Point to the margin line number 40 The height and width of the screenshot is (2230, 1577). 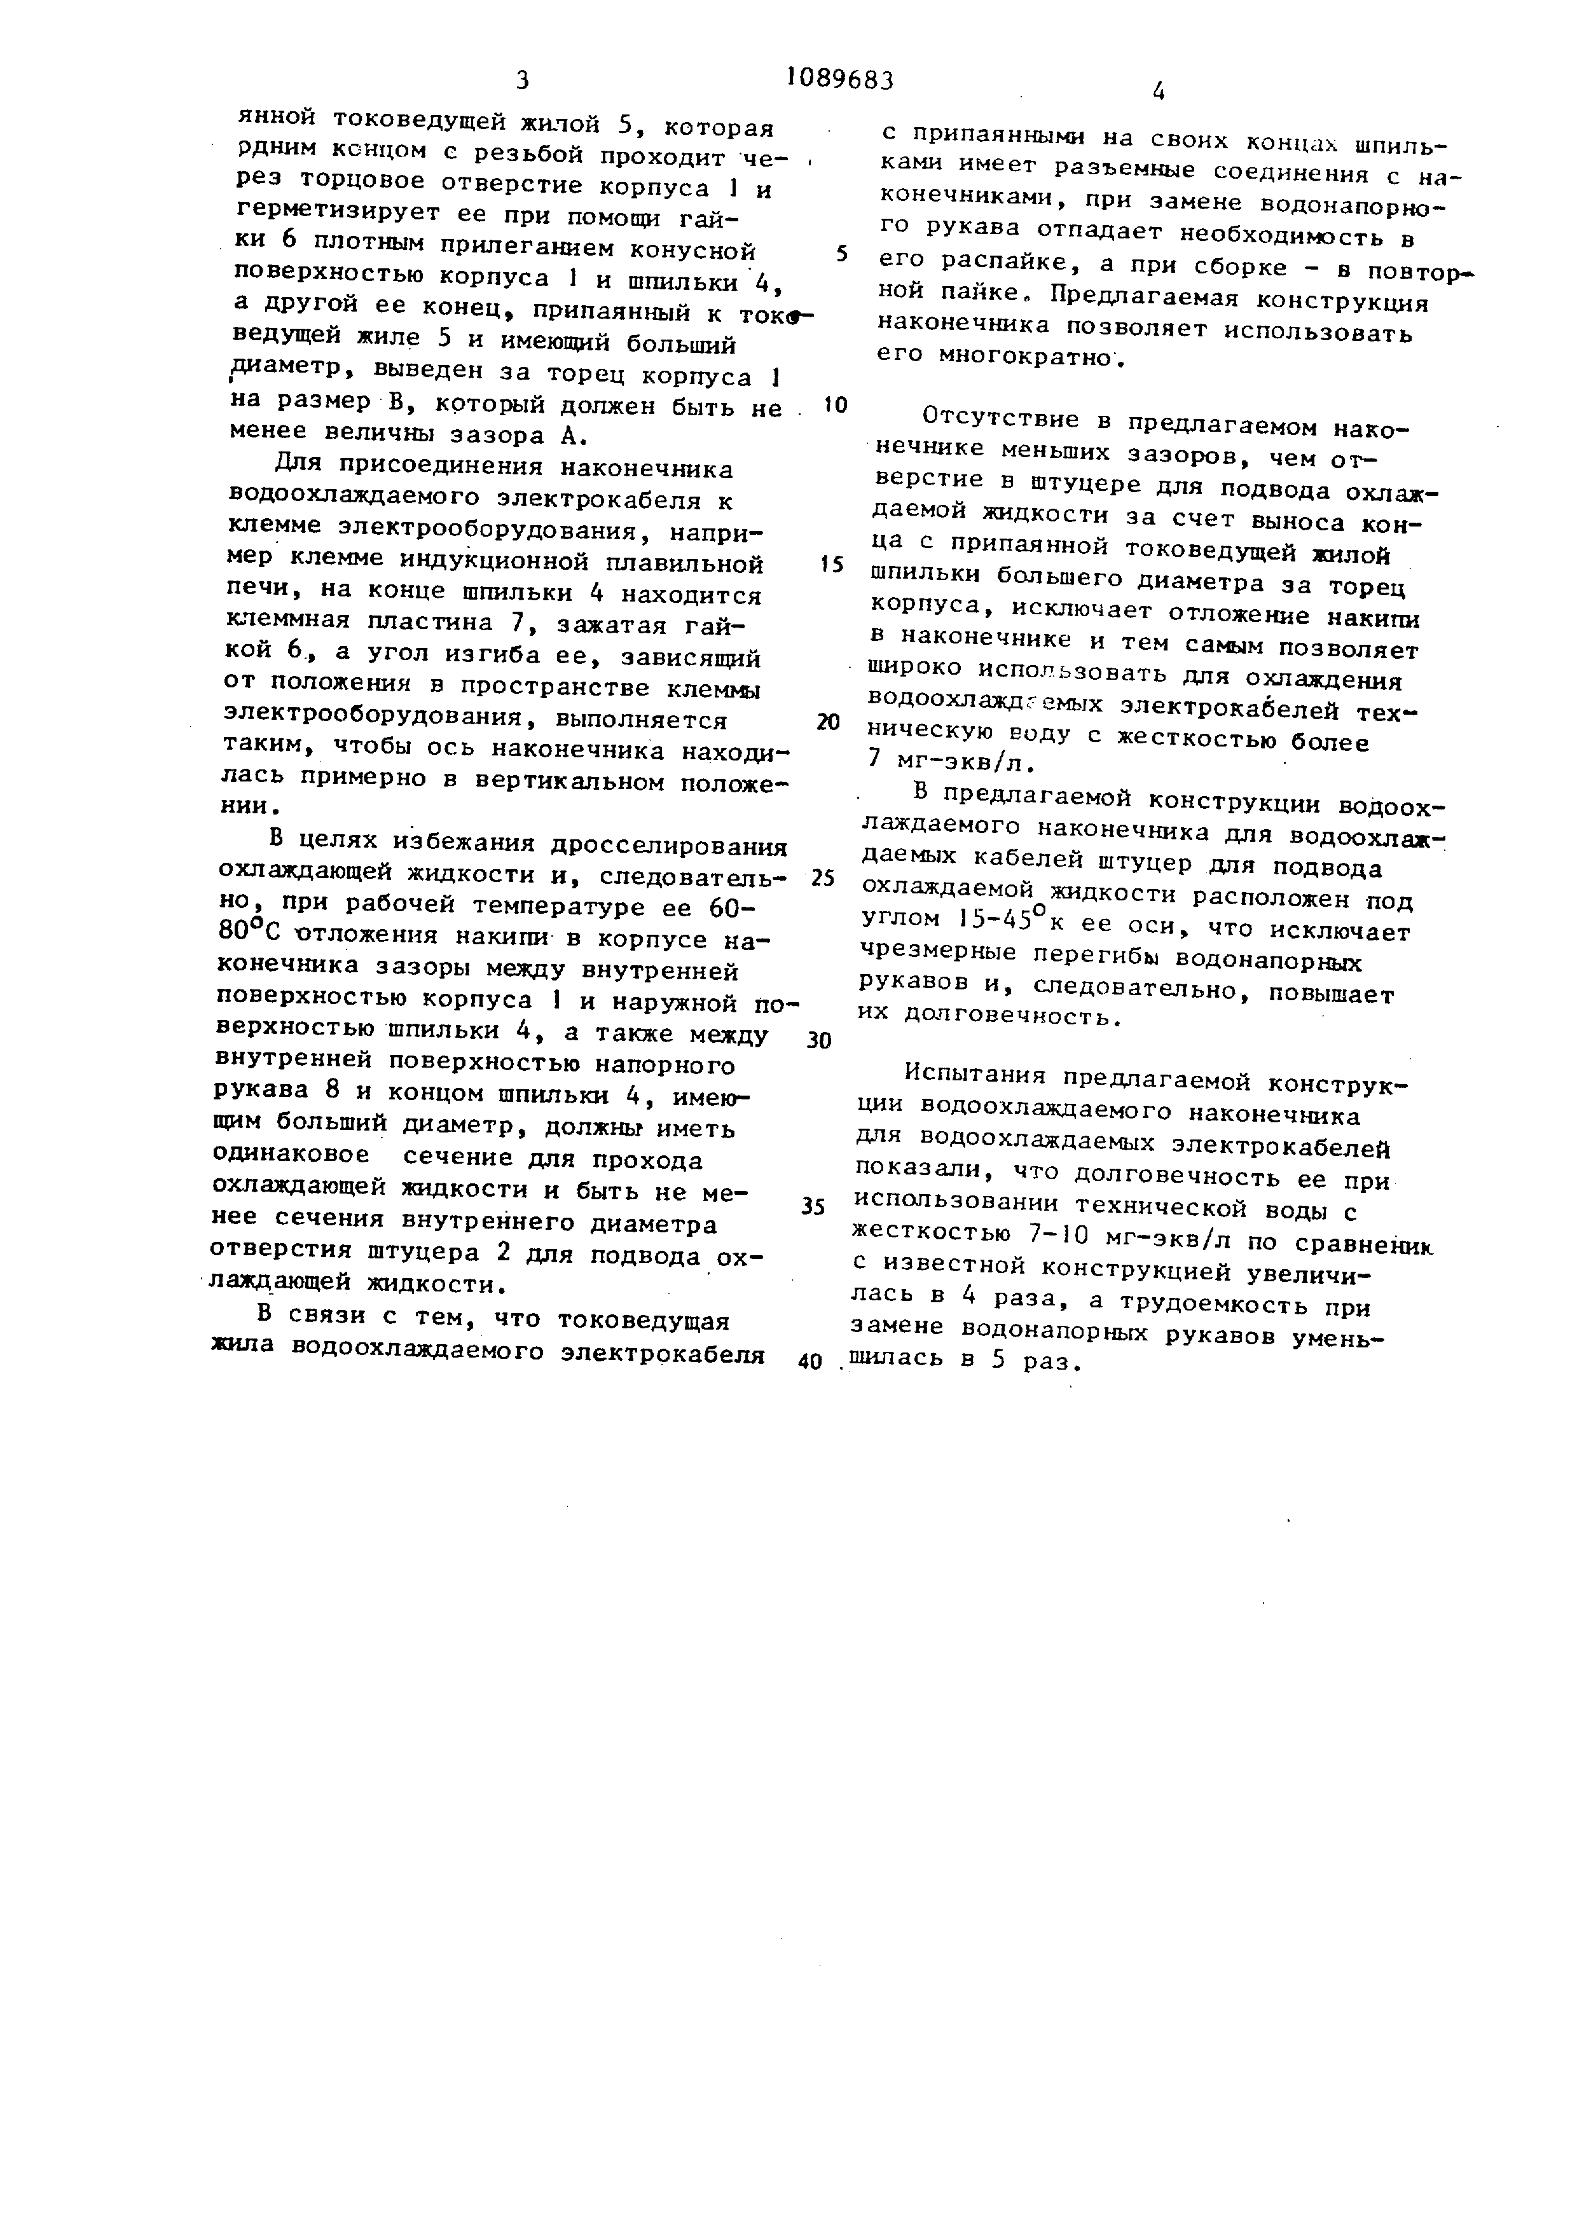pyautogui.click(x=810, y=1361)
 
